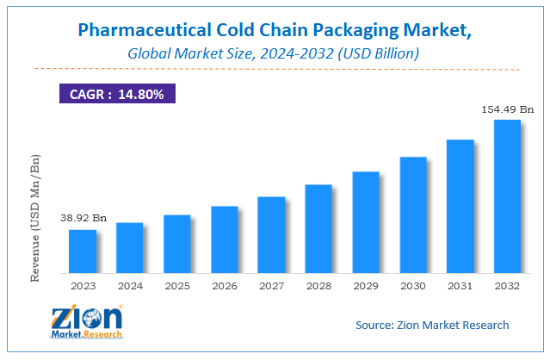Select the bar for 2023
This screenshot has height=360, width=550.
coord(83,251)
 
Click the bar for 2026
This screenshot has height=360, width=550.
coord(225,239)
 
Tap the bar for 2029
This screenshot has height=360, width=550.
coord(366,221)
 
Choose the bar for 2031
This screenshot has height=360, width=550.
coord(460,206)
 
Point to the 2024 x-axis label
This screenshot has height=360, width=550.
coord(130,285)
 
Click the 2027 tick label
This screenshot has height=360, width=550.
coord(271,285)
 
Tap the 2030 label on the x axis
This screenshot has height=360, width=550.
coord(413,285)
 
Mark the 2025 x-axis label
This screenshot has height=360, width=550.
coord(177,285)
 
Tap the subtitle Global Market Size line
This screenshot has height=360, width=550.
coord(274,54)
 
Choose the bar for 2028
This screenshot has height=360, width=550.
coord(318,228)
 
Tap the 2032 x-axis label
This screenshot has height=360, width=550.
coord(508,285)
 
